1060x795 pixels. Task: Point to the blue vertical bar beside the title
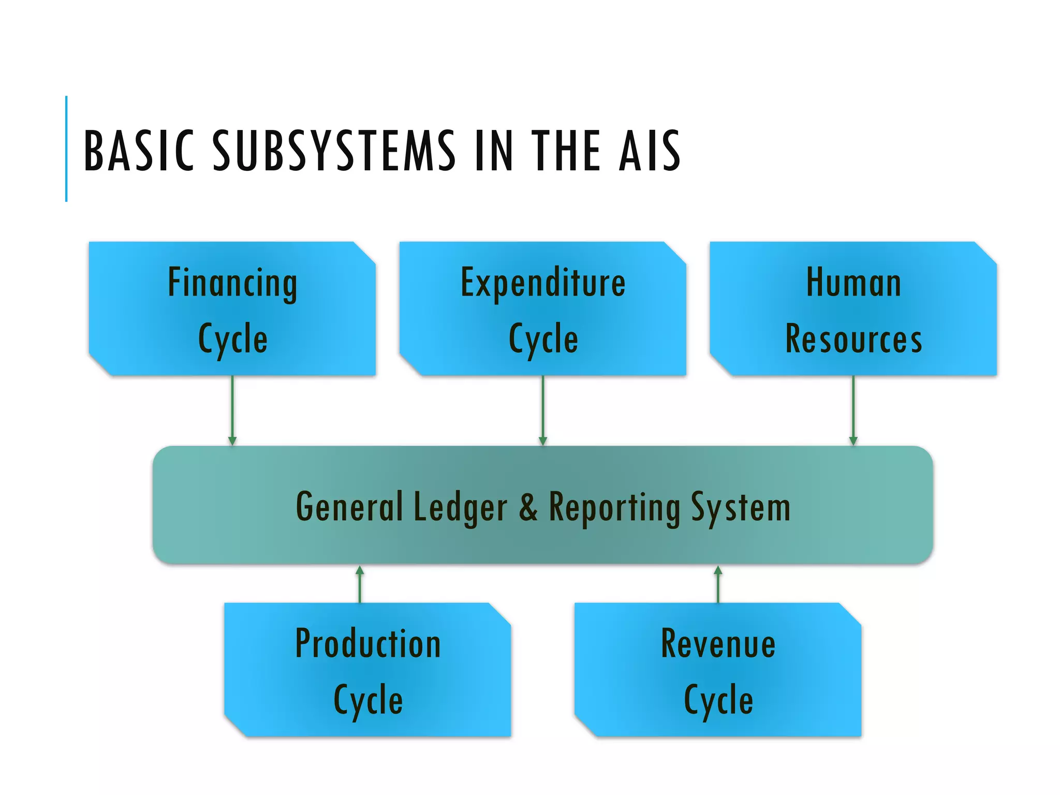point(66,149)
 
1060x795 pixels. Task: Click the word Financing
point(232,284)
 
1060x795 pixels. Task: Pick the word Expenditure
point(543,284)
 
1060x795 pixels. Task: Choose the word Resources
point(853,339)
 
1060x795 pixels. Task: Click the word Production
point(368,643)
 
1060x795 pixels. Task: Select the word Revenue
point(718,643)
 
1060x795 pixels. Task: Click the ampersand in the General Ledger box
point(528,507)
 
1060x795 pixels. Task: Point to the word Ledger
point(460,508)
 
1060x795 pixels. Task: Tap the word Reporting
point(614,508)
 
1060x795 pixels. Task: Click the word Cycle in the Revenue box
point(718,700)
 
